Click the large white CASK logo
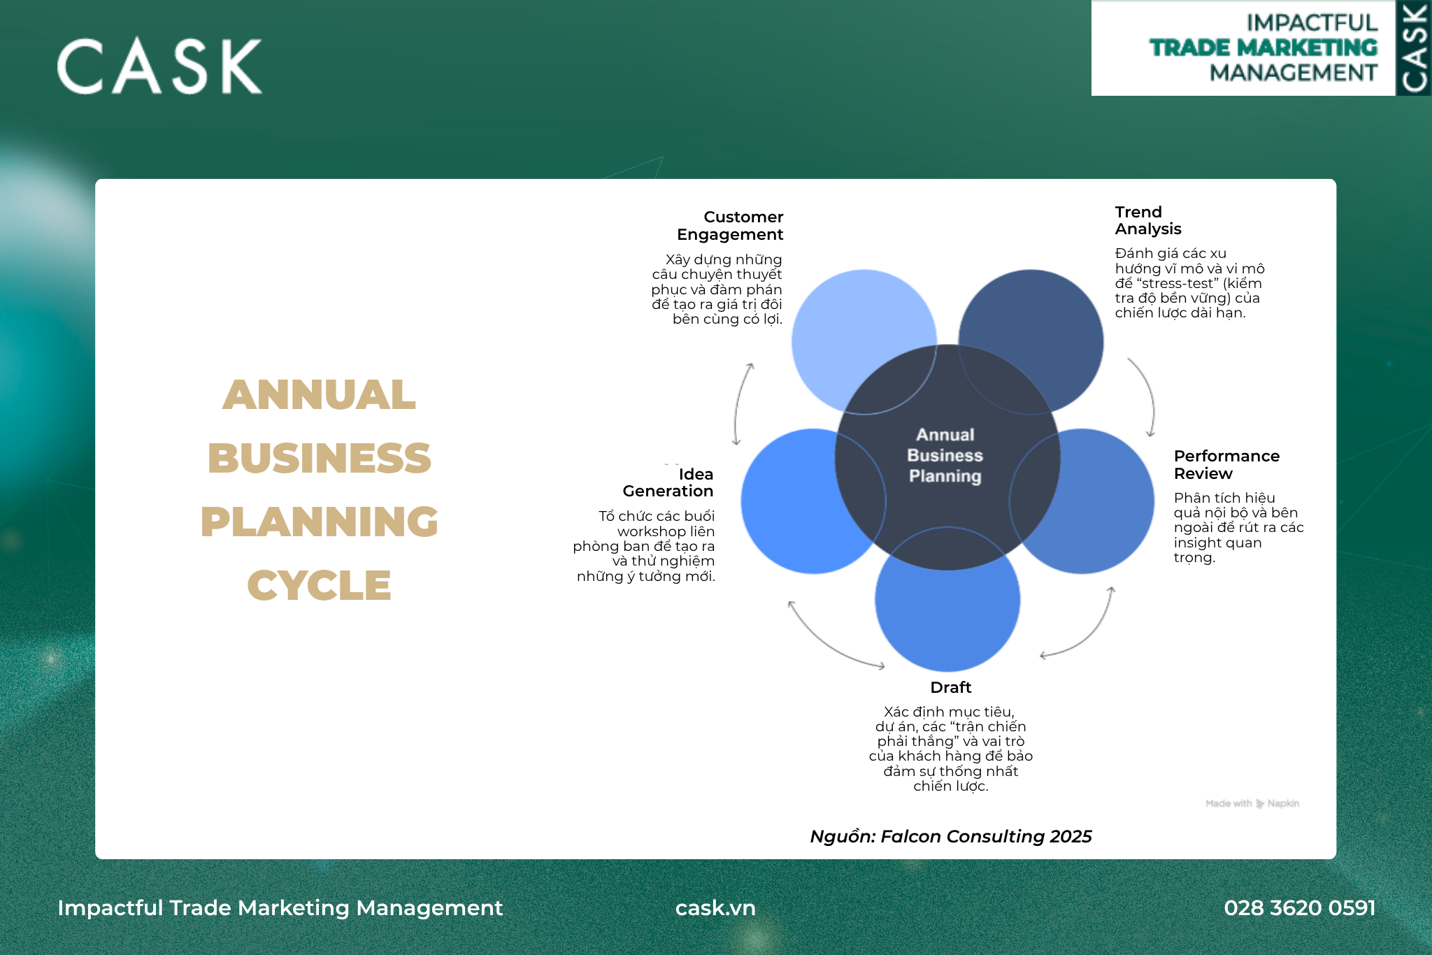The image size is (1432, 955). tap(159, 66)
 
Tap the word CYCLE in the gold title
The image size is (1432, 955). tap(319, 585)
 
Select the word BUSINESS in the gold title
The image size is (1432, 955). tap(319, 458)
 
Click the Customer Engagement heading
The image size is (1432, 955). tap(730, 226)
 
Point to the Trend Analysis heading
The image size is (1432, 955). tap(1147, 220)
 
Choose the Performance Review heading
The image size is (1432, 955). tap(1226, 464)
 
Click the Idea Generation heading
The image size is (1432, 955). tap(668, 482)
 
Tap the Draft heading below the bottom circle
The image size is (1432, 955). tap(950, 687)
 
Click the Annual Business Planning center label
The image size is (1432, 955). tap(945, 455)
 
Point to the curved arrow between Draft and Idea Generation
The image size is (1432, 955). tap(829, 640)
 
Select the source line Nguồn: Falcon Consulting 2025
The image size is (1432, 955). tap(950, 836)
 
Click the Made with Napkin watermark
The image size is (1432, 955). tap(1252, 803)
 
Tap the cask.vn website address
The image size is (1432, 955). tap(715, 907)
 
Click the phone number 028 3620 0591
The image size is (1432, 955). tap(1299, 907)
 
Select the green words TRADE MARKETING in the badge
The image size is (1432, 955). tap(1263, 48)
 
